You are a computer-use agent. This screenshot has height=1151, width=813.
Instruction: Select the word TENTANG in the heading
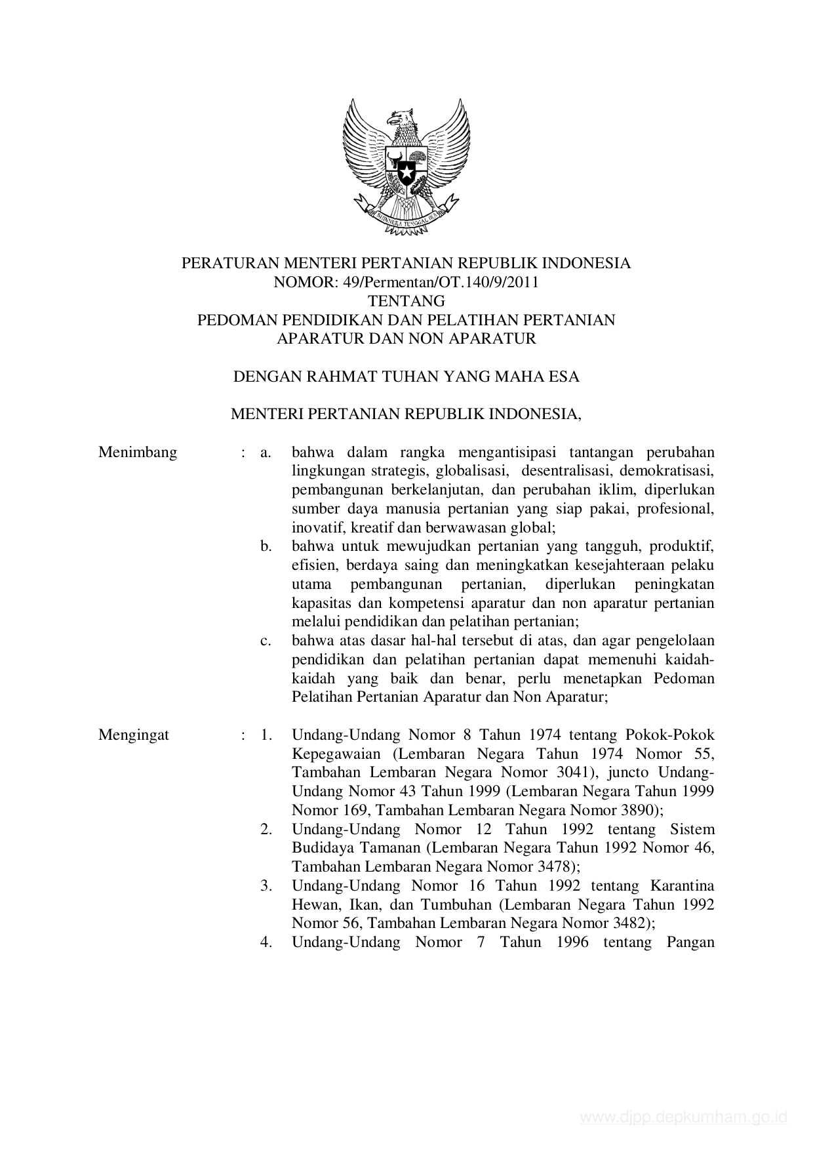[x=406, y=302]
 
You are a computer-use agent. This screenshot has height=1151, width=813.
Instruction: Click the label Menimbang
[x=138, y=453]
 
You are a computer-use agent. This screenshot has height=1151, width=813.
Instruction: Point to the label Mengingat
[x=134, y=735]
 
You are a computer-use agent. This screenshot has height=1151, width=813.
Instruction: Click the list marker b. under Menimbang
[x=266, y=546]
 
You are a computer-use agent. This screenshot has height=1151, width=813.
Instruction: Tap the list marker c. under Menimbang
[x=266, y=641]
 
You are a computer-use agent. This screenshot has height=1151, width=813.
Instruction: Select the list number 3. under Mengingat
[x=266, y=885]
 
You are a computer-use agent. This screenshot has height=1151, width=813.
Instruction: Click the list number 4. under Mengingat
[x=266, y=942]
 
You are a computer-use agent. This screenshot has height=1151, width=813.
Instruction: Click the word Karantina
[x=682, y=885]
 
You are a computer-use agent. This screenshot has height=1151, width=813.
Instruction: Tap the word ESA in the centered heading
[x=564, y=377]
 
